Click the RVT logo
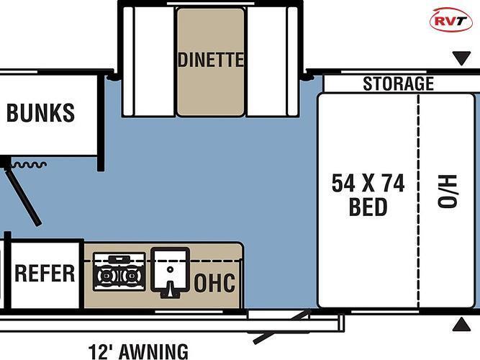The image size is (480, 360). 451,20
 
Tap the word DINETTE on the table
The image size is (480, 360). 211,60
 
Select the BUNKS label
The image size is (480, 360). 40,113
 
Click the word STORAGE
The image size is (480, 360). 398,84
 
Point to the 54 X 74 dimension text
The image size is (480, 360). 368,183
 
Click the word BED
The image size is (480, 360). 368,207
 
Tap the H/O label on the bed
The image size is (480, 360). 447,192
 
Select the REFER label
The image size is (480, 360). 45,274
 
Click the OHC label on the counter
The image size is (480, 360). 214,282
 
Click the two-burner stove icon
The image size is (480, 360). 119,271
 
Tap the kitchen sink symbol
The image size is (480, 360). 170,272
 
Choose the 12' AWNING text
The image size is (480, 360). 138,352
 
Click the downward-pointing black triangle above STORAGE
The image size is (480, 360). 461,58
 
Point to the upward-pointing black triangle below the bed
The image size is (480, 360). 461,325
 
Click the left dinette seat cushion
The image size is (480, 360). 150,62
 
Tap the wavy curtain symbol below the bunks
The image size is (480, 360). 29,165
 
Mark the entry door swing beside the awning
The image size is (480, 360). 282,327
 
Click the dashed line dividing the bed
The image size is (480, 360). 418,201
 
